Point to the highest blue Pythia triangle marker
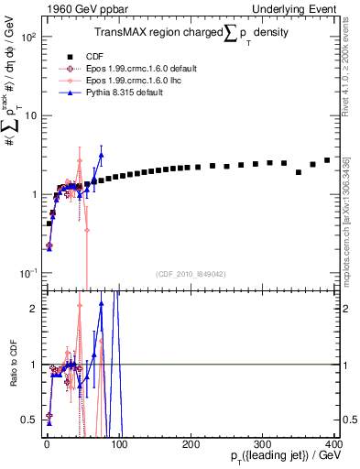tap(102, 155)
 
